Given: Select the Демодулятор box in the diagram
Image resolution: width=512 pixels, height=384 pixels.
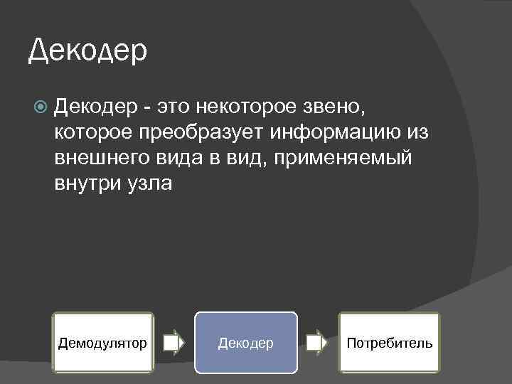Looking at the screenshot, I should [102, 343].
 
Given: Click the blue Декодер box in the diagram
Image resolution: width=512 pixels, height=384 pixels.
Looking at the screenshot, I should [245, 343].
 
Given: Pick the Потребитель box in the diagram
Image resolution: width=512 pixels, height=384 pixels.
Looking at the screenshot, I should [389, 343].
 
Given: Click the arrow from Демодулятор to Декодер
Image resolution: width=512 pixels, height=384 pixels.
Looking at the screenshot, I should [174, 343].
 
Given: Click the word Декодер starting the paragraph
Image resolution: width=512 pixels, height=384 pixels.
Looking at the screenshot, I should [96, 107].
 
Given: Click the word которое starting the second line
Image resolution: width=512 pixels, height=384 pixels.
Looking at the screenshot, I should [94, 132].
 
